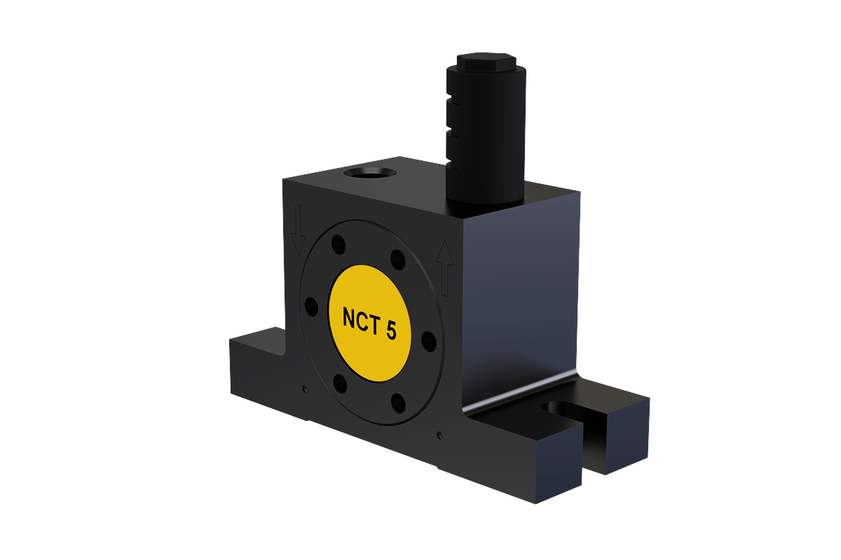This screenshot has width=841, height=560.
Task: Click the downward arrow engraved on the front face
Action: click(x=298, y=230)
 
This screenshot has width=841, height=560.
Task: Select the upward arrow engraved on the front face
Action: click(x=444, y=268)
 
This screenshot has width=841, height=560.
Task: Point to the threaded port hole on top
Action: click(x=370, y=173)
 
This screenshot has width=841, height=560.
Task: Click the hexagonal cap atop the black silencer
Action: click(x=486, y=61)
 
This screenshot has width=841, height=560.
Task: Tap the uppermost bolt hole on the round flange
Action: click(x=339, y=244)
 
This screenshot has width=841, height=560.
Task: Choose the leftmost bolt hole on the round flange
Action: click(x=311, y=307)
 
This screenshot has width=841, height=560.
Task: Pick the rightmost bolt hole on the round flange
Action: click(x=429, y=342)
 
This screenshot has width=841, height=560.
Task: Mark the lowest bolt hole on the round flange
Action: click(x=398, y=402)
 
